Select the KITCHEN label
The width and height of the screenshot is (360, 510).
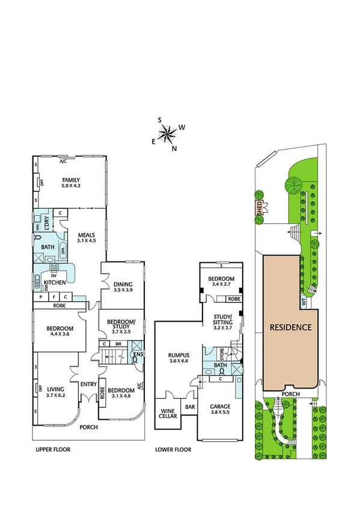(54, 281)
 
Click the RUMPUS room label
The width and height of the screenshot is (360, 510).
(178, 355)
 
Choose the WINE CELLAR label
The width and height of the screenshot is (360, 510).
(167, 415)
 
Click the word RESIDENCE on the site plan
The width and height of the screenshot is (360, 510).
(290, 328)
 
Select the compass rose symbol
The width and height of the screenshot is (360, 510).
(169, 134)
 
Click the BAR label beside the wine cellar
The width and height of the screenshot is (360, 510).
(191, 407)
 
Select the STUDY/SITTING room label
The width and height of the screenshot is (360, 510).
(222, 320)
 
